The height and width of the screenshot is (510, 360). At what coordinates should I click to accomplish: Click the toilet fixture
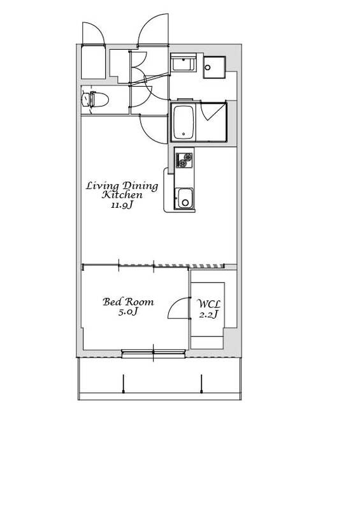(94, 99)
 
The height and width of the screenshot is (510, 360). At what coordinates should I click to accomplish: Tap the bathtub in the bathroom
(184, 122)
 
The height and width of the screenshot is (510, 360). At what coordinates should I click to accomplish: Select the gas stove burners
(184, 160)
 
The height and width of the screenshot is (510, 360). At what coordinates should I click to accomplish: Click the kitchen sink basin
(185, 198)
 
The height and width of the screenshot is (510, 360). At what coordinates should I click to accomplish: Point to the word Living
(102, 186)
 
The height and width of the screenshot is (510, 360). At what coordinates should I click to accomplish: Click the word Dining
(140, 186)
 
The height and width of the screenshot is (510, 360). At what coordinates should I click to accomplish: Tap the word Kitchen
(122, 195)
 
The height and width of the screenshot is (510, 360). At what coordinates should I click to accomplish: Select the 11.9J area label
(122, 205)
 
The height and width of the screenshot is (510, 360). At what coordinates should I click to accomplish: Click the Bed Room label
(128, 302)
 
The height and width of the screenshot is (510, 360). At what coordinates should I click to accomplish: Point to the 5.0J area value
(128, 312)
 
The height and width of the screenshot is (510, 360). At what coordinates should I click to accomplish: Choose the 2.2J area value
(209, 314)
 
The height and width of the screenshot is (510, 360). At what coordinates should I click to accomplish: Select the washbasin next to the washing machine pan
(184, 63)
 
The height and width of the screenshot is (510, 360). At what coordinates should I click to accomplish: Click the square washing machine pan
(214, 68)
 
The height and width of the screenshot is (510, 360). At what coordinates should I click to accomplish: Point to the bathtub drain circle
(184, 134)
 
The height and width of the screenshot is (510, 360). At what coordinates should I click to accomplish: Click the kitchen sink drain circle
(185, 203)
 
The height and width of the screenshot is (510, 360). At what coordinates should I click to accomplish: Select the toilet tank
(86, 99)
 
